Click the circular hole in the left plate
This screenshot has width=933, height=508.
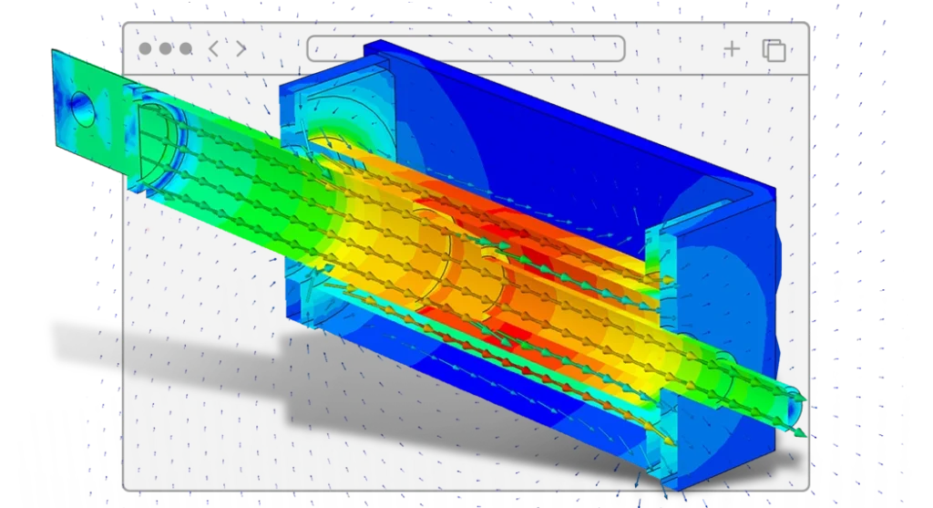(x=83, y=108)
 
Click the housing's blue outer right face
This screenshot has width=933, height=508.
(x=729, y=274)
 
